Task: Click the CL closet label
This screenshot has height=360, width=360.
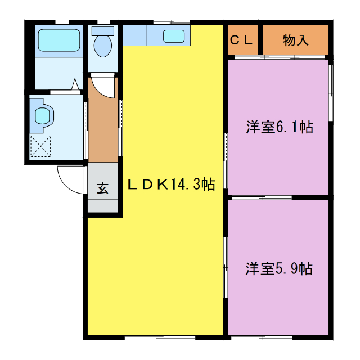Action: [244, 40]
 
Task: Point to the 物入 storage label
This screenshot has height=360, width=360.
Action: [296, 40]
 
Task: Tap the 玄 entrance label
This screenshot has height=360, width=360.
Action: [102, 188]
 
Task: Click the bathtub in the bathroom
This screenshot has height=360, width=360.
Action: [58, 40]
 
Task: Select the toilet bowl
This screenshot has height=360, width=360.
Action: [102, 47]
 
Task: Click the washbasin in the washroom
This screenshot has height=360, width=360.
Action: [43, 116]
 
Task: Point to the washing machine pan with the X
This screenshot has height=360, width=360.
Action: [40, 146]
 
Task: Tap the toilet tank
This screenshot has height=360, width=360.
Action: [102, 31]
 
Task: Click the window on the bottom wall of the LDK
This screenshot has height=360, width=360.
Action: [160, 337]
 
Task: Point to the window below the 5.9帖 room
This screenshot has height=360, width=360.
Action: [261, 337]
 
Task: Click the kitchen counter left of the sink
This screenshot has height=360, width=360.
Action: [134, 35]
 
